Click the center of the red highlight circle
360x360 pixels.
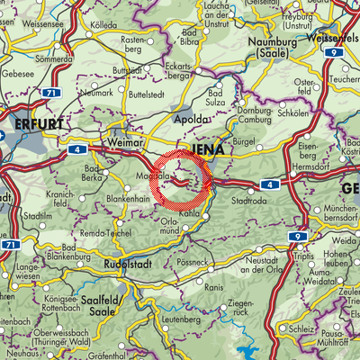(x=180, y=180)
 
